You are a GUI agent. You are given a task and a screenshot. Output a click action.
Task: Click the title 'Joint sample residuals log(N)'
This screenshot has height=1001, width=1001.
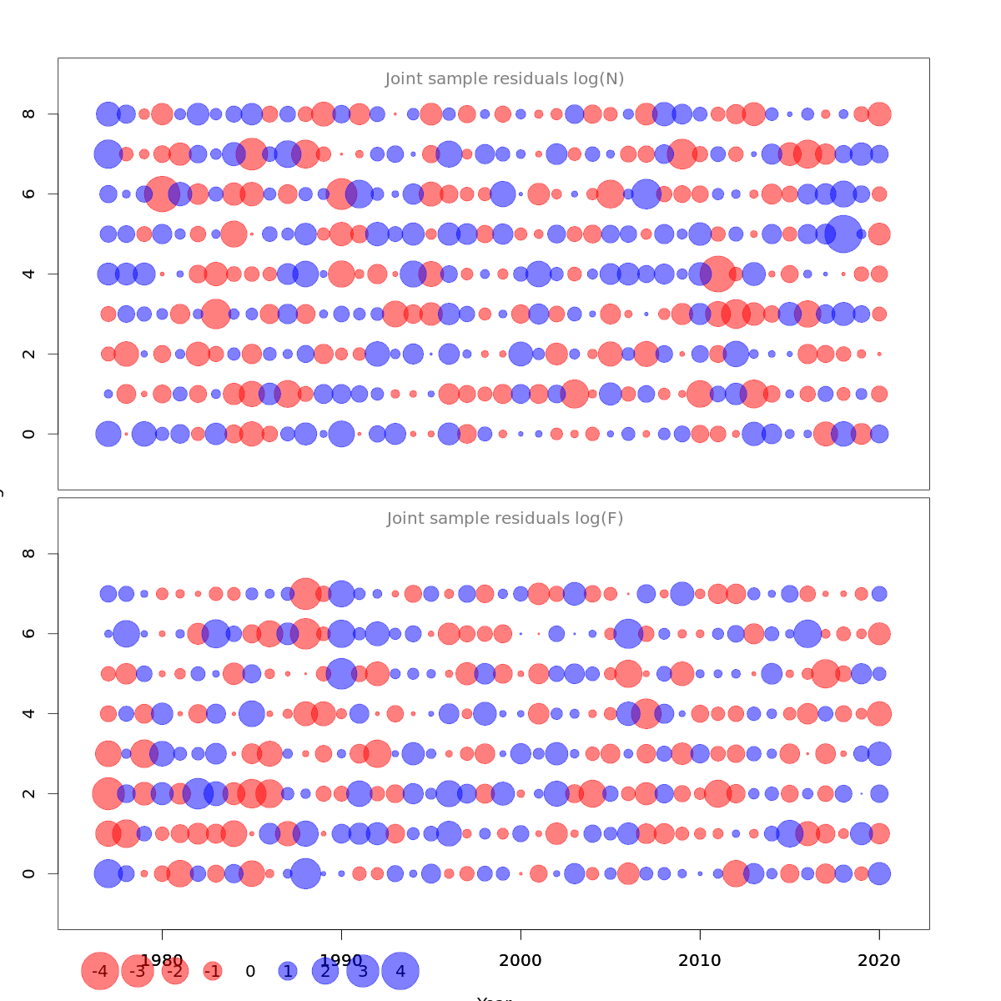point(505,79)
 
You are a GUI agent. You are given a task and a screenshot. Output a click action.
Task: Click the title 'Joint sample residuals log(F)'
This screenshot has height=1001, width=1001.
point(505,519)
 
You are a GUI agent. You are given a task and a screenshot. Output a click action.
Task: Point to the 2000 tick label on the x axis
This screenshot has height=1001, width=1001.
point(521,960)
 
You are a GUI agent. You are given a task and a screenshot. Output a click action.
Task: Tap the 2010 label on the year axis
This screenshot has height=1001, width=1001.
point(700,960)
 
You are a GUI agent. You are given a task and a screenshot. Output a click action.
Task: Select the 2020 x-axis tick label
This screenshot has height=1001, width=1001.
point(879,960)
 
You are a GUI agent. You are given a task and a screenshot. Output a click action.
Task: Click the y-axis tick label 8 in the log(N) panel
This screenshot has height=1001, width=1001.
point(29,113)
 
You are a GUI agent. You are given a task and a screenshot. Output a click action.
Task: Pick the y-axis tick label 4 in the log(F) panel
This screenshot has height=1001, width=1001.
point(29,713)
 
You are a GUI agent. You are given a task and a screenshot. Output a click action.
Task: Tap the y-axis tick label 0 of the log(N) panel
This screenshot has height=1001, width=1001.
point(29,434)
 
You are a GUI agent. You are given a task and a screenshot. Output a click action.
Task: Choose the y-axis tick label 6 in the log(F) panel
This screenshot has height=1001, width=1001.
point(29,633)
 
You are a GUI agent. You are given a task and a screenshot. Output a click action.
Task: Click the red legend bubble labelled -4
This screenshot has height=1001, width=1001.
point(100,971)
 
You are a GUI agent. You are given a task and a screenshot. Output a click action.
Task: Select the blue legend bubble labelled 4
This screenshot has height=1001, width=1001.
point(400,971)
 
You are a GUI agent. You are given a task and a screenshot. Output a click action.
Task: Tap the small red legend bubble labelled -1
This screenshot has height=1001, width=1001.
point(213,971)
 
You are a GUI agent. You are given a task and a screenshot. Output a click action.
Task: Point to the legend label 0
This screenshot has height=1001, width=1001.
point(250,971)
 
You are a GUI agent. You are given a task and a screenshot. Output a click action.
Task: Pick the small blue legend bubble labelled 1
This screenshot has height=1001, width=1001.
point(288,971)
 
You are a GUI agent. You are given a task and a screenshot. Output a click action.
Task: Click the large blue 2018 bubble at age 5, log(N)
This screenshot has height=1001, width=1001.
point(843,234)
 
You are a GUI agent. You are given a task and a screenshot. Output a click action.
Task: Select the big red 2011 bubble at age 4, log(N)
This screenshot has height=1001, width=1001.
point(717,274)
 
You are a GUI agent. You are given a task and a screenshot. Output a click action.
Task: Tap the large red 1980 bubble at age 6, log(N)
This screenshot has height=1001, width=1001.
point(162,194)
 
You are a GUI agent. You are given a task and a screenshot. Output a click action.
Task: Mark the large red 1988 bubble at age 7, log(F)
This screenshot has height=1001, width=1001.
point(305,594)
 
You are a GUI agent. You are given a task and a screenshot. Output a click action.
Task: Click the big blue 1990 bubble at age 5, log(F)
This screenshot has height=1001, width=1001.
point(341,673)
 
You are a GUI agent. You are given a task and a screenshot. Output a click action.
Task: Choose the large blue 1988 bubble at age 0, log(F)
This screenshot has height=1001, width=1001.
point(305,873)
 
